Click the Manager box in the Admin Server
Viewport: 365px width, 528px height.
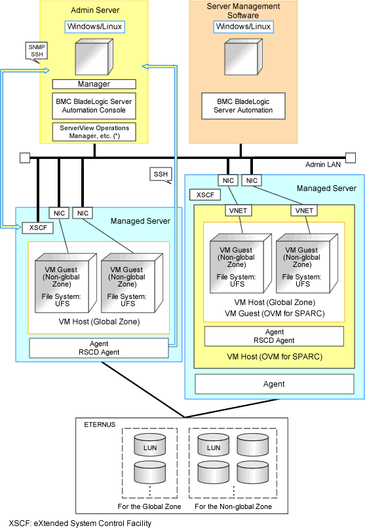(94, 84)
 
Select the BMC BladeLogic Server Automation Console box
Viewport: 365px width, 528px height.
(94, 106)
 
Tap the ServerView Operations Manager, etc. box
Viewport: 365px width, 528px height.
(94, 132)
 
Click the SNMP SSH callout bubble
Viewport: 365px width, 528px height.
(37, 51)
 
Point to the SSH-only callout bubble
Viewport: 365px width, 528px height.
(161, 174)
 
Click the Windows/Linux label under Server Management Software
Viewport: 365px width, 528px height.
(243, 27)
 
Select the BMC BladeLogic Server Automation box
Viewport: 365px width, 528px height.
(243, 106)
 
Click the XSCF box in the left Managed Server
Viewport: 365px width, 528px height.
(38, 228)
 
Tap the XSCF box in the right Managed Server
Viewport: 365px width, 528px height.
(205, 195)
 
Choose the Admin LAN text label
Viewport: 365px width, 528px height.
(323, 164)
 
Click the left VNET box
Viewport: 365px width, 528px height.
(238, 211)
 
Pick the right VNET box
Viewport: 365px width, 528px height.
(304, 211)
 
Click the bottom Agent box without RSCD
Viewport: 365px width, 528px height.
(275, 384)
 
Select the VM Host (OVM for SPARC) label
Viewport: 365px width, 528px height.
(275, 357)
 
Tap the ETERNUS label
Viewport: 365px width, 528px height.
(100, 425)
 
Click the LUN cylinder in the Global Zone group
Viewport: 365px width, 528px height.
(150, 445)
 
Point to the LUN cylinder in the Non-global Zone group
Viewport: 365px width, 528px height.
(214, 445)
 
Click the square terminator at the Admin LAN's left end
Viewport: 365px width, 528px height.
(25, 158)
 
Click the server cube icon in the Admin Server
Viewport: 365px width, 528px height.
(94, 56)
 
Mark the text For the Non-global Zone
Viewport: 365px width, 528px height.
(233, 506)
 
